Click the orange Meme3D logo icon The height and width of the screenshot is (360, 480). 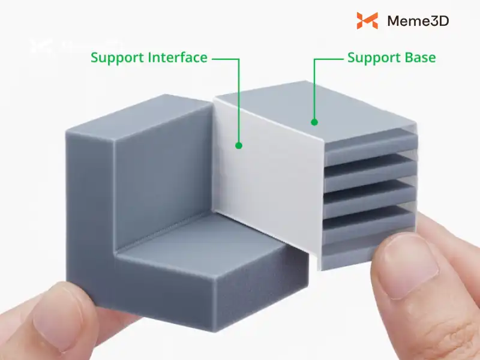367,21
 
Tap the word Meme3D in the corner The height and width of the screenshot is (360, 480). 418,21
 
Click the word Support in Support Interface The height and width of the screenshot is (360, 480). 118,58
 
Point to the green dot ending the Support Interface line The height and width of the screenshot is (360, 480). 238,145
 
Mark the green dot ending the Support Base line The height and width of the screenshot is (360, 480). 313,122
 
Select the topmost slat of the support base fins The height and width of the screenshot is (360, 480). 369,139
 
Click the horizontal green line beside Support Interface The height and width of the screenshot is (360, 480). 225,58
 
